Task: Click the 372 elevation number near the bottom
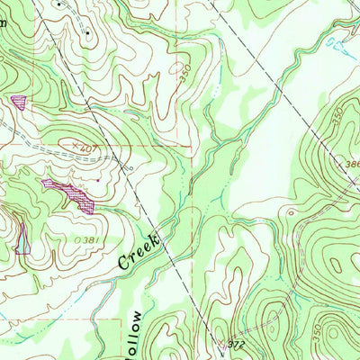point(236,344)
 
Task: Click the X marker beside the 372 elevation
point(220,342)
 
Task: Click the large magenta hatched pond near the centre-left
point(69,193)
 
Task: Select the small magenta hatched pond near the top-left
point(18,101)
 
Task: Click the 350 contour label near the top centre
point(187,76)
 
